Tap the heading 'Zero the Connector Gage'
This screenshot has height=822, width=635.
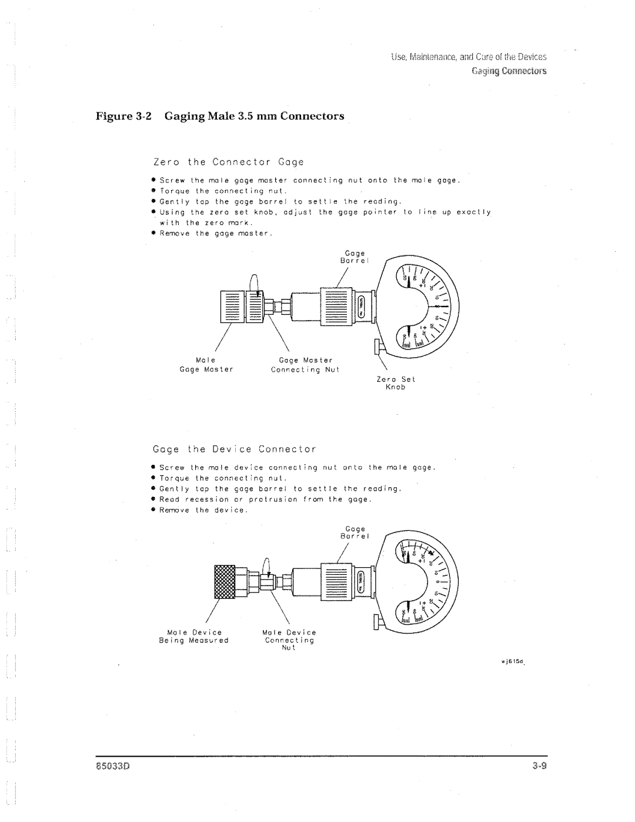(220, 161)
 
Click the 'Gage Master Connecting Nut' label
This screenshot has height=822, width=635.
(302, 365)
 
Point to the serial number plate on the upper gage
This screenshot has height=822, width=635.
(362, 306)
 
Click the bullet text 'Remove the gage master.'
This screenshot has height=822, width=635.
(215, 234)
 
